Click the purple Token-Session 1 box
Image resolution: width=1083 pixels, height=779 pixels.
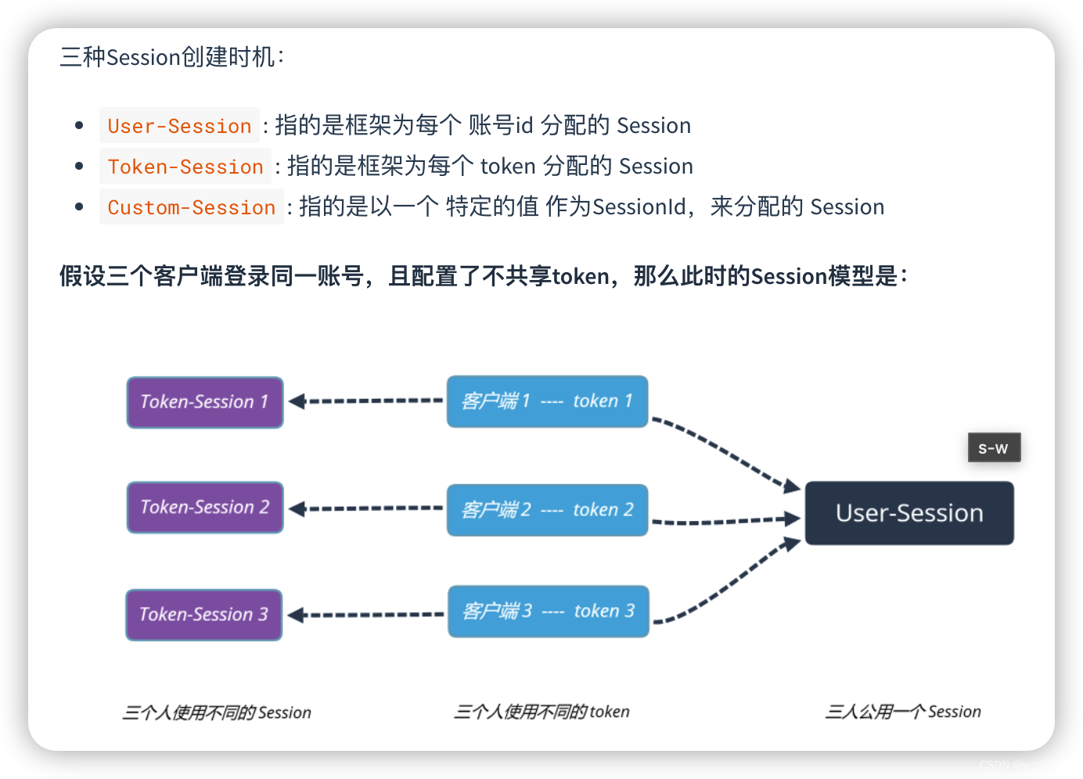[204, 402]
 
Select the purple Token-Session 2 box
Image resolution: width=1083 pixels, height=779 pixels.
[204, 508]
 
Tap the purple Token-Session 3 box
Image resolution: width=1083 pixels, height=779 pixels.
[203, 615]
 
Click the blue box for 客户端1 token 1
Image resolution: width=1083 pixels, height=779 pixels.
[547, 401]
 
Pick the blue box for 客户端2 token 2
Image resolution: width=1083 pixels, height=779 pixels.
[547, 510]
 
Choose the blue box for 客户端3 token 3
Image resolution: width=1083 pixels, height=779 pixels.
[548, 611]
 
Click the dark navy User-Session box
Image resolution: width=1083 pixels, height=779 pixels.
[908, 513]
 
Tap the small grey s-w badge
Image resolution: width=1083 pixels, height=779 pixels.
[994, 448]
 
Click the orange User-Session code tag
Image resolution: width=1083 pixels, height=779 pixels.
[179, 126]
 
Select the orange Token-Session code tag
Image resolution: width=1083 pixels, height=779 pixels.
[185, 167]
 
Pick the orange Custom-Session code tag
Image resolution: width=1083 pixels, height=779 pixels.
[191, 207]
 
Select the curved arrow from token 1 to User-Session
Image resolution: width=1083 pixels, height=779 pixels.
[724, 450]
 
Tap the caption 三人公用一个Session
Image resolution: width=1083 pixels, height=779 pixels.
[902, 712]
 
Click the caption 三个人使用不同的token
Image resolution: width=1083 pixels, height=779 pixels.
[541, 712]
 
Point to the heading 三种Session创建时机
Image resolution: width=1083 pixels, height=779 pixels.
[172, 57]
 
